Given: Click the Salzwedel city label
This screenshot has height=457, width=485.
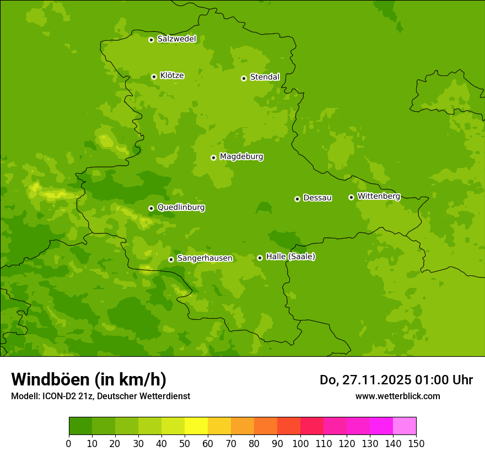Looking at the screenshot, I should [176, 39].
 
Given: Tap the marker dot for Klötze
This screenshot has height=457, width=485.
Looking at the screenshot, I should [154, 77].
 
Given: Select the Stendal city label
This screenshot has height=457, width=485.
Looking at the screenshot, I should [265, 77].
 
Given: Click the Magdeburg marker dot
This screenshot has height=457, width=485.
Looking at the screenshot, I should [213, 157].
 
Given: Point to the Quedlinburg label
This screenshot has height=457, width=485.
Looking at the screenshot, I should [181, 208].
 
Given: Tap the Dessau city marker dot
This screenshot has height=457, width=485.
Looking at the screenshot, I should [297, 199].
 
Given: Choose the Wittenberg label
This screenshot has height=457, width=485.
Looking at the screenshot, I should [378, 196].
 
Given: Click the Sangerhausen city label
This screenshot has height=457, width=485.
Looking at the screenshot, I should [204, 258].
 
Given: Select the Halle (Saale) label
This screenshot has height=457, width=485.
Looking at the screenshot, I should [290, 257].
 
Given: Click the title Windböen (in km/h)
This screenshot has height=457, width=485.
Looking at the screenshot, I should [89, 379].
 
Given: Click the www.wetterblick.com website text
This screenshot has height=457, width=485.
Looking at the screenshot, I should [397, 396].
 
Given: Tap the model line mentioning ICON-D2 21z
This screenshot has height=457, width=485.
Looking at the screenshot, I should [100, 396].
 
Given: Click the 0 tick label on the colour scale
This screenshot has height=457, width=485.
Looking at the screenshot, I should [69, 444].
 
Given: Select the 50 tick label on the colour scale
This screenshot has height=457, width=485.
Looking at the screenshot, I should [185, 444].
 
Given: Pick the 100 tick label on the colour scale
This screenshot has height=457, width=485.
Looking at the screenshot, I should [300, 444].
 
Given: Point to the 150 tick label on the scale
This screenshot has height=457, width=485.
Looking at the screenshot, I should [416, 444].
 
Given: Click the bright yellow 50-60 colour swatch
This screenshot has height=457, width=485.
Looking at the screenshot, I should [196, 426].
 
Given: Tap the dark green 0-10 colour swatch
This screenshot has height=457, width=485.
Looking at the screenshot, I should [80, 426].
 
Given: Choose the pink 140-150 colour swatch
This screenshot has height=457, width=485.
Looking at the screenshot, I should [405, 426].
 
